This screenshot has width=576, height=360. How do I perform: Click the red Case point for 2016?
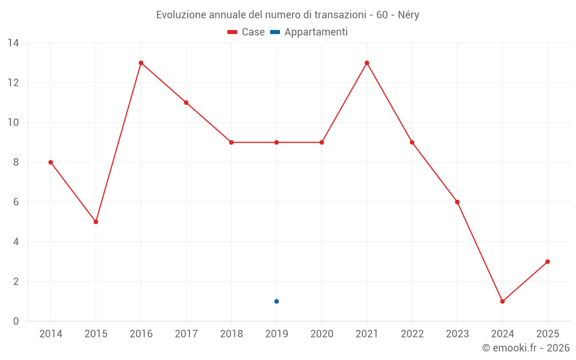click(x=141, y=63)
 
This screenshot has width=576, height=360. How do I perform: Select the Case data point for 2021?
click(x=367, y=63)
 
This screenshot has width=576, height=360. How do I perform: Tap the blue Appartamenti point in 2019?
click(x=276, y=301)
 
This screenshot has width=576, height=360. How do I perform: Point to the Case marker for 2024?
click(x=502, y=301)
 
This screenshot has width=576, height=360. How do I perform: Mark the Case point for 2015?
click(x=96, y=222)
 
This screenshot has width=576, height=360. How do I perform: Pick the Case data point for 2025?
click(x=548, y=262)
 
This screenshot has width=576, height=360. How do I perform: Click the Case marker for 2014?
click(x=51, y=162)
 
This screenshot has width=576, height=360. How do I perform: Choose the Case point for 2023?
click(x=457, y=202)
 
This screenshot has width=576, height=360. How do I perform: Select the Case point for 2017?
click(x=186, y=103)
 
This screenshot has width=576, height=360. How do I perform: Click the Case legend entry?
click(x=247, y=32)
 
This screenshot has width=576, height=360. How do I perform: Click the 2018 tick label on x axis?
click(x=232, y=334)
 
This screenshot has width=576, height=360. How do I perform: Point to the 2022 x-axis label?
click(x=412, y=334)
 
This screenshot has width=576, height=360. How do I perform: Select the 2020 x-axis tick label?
click(x=322, y=334)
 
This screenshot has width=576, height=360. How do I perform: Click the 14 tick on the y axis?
click(x=13, y=43)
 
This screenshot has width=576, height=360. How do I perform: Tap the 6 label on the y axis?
click(x=16, y=202)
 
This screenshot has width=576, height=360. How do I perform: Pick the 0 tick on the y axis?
click(x=16, y=321)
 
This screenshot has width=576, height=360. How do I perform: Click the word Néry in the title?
click(x=408, y=15)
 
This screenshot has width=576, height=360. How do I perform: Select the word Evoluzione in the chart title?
click(x=180, y=15)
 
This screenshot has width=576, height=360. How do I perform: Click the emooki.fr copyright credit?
click(x=526, y=348)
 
